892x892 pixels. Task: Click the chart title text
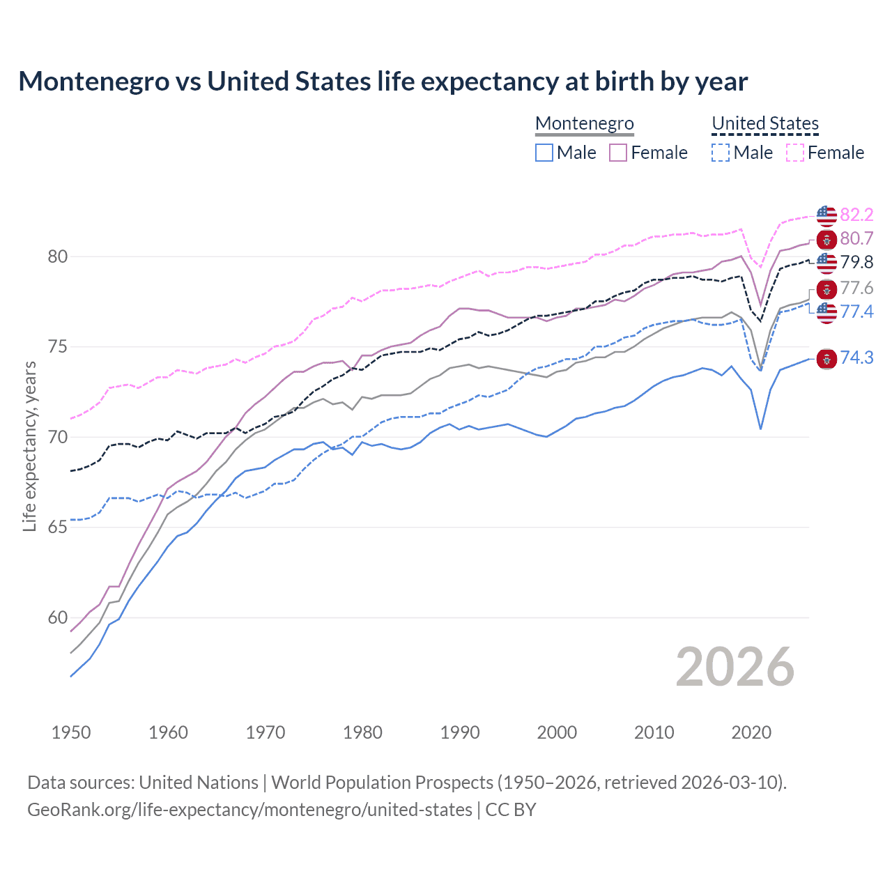tap(383, 82)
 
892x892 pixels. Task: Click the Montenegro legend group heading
tap(584, 123)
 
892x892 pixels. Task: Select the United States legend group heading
tap(764, 123)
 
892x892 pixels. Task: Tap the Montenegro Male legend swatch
tap(544, 153)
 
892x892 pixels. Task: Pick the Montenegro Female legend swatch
tap(618, 153)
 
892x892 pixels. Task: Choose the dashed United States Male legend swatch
tap(721, 153)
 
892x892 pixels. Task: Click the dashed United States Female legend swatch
tap(794, 153)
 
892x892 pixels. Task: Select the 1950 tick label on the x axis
tap(71, 732)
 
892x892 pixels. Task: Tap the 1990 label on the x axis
tap(460, 732)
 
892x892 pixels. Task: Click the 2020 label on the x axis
tap(751, 732)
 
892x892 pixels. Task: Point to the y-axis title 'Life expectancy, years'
tap(29, 446)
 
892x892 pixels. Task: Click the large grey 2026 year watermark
tap(735, 667)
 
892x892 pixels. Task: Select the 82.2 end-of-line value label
tap(856, 215)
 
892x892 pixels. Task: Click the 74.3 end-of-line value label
tap(856, 358)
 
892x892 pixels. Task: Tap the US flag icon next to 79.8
tap(826, 263)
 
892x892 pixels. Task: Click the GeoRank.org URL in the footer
tap(249, 810)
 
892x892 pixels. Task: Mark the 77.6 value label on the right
tap(856, 288)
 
